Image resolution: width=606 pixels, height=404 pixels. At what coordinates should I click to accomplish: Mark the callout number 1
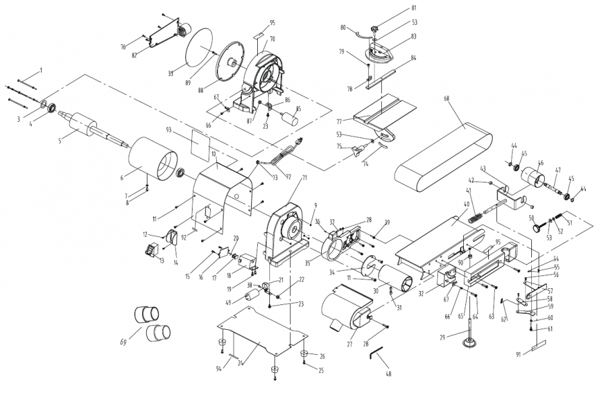[x=40, y=70]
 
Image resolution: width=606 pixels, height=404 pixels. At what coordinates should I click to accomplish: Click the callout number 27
[x=349, y=344]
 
